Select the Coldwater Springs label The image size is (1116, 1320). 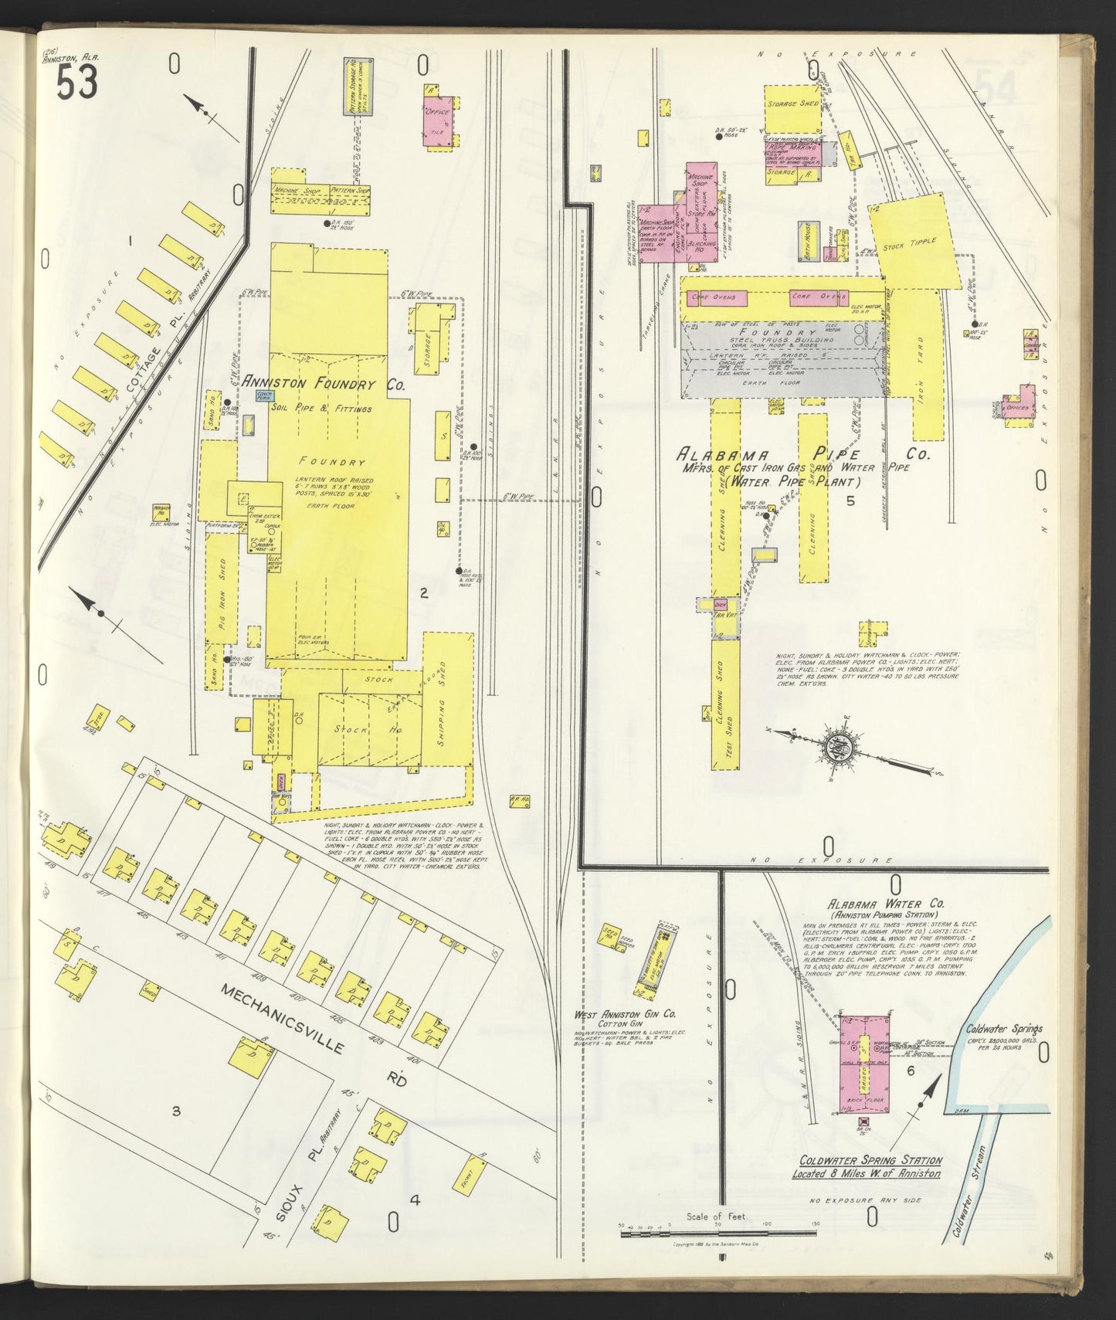[1004, 1029]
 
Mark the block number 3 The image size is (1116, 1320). [176, 1111]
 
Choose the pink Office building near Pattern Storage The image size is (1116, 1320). [439, 116]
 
